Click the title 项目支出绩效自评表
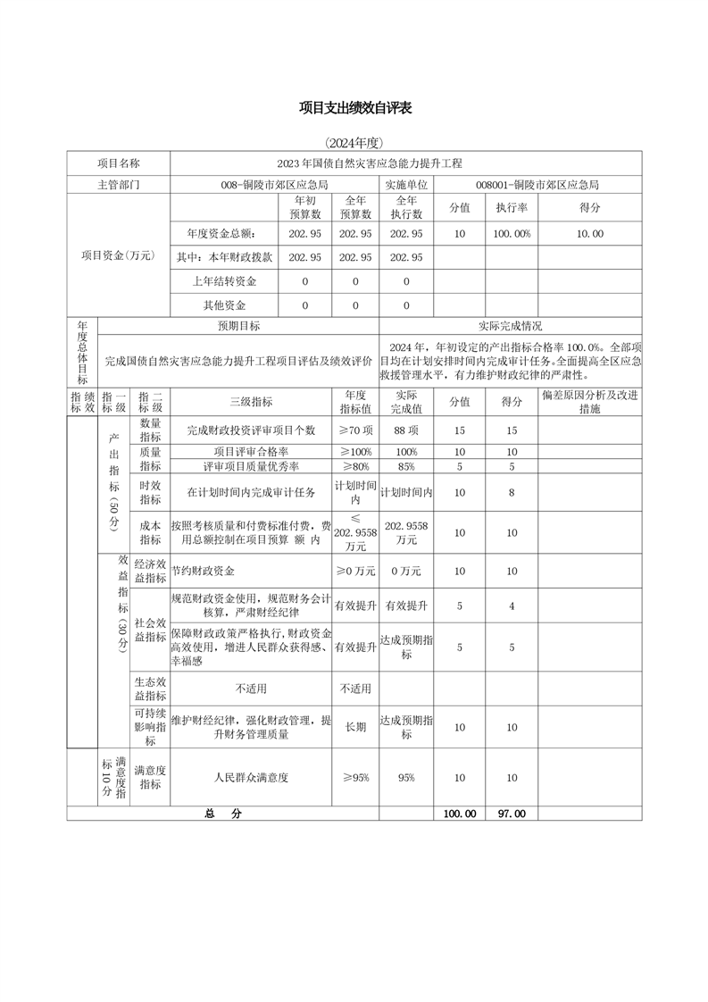[x=354, y=108]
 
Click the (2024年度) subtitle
[x=354, y=143]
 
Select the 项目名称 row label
[x=119, y=163]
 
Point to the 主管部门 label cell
[x=119, y=185]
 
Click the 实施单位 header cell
[x=406, y=185]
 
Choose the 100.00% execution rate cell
[x=512, y=233]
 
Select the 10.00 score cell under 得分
[x=590, y=233]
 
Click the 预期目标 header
[x=238, y=327]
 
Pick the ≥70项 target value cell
[x=355, y=430]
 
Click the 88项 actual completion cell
[x=406, y=430]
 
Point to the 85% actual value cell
[x=406, y=466]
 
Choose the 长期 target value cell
[x=355, y=727]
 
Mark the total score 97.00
[x=512, y=814]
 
